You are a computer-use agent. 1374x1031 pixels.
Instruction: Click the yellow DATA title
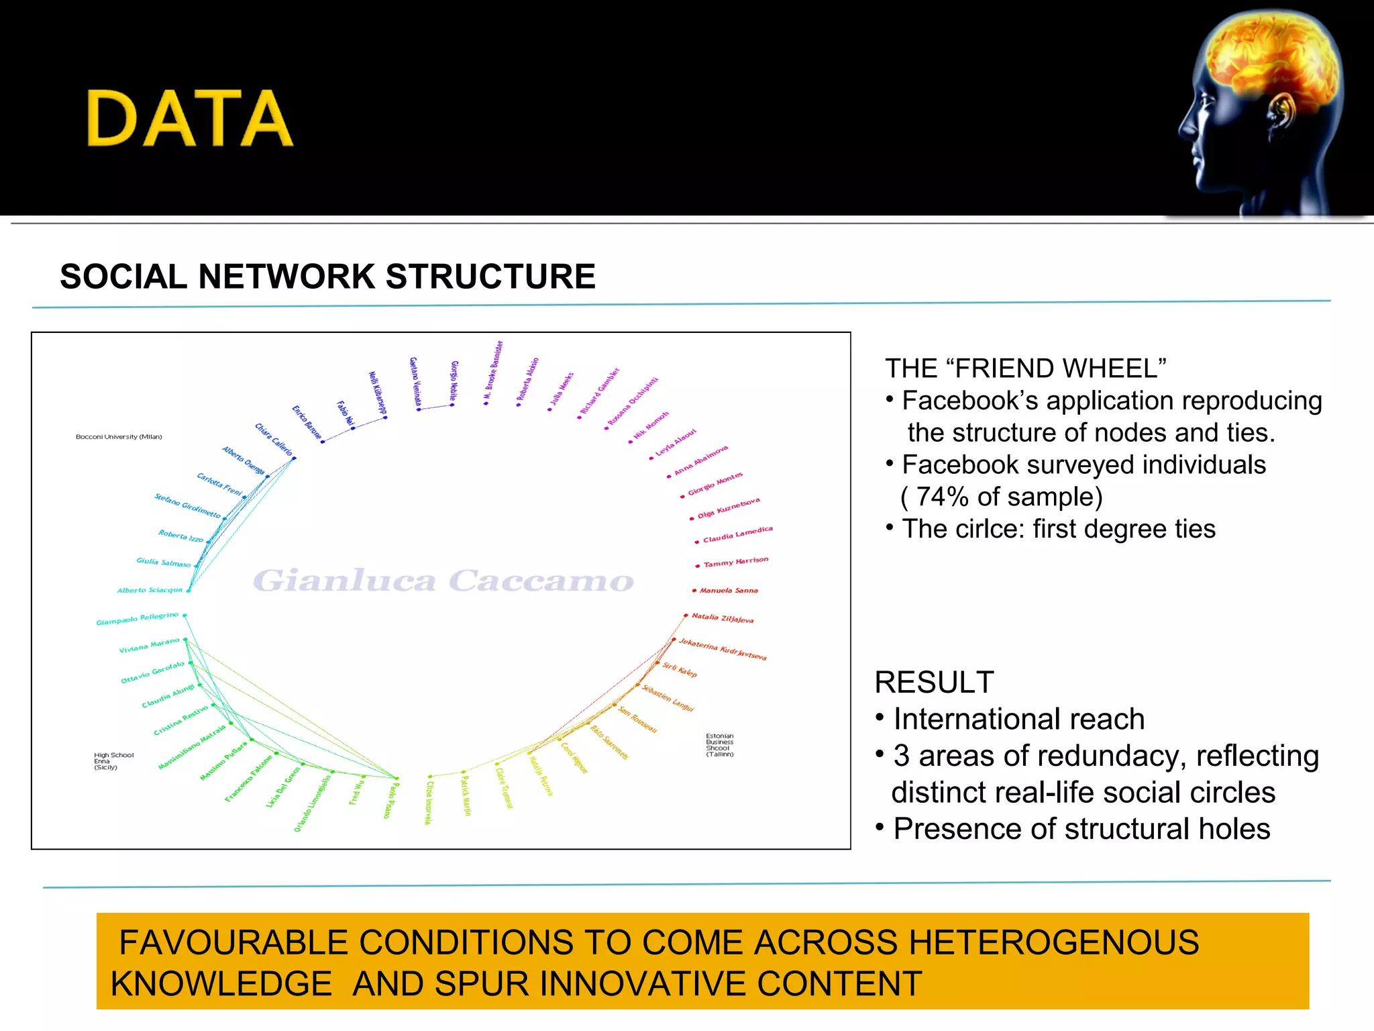pyautogui.click(x=190, y=119)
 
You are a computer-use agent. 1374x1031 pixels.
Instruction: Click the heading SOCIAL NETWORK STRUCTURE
pyautogui.click(x=327, y=277)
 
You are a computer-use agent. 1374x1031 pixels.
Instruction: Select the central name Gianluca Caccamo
pyautogui.click(x=443, y=581)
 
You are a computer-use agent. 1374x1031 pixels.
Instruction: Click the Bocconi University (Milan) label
pyautogui.click(x=119, y=437)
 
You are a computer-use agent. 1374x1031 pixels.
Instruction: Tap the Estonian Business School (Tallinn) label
pyautogui.click(x=719, y=745)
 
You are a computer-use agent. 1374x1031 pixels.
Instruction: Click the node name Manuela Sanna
pyautogui.click(x=728, y=591)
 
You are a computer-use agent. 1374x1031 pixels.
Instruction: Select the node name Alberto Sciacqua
pyautogui.click(x=150, y=590)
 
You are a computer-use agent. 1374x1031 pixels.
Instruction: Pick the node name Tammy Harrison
pyautogui.click(x=735, y=562)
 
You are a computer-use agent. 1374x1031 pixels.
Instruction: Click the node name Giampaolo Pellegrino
pyautogui.click(x=137, y=618)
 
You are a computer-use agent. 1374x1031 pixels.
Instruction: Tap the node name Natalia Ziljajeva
pyautogui.click(x=723, y=618)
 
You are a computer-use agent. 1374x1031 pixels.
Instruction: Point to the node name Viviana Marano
pyautogui.click(x=149, y=646)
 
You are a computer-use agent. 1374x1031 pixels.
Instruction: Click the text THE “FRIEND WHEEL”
pyautogui.click(x=1025, y=369)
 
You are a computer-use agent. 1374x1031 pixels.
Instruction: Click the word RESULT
pyautogui.click(x=934, y=683)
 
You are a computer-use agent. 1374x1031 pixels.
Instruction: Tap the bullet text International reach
pyautogui.click(x=1018, y=720)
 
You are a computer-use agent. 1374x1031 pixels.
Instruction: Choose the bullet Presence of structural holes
pyautogui.click(x=1081, y=829)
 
